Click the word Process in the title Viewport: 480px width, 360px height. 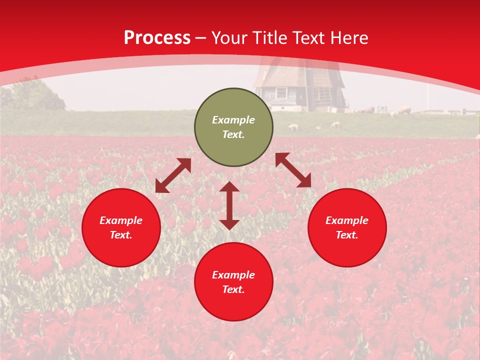(x=157, y=38)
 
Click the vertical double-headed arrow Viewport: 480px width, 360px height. (x=229, y=205)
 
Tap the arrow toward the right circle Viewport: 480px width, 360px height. (x=293, y=170)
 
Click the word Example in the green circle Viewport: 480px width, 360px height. (x=233, y=120)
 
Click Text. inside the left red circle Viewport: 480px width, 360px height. (x=121, y=235)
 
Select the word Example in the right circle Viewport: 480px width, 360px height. (x=347, y=220)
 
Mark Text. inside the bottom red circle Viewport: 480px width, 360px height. (x=233, y=289)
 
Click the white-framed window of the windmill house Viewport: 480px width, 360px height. (x=281, y=92)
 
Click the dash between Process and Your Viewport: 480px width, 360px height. (x=201, y=38)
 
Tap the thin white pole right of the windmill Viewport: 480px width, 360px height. (x=427, y=97)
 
